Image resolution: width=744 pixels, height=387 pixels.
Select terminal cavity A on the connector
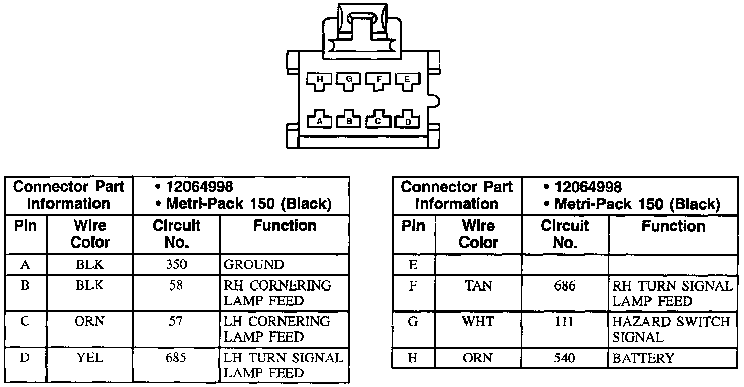319,120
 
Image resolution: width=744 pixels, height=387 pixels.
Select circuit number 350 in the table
176,265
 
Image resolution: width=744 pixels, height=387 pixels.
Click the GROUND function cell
254,265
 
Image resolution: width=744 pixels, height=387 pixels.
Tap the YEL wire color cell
90,358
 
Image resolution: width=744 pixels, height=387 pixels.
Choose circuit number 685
176,358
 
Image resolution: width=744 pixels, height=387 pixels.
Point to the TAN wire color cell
478,286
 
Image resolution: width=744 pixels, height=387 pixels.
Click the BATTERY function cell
643,358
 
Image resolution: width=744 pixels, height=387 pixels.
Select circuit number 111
565,322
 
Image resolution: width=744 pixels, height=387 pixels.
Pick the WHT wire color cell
478,322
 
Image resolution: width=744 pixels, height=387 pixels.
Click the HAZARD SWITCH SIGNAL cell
671,329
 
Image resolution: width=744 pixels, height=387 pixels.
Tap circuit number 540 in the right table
565,358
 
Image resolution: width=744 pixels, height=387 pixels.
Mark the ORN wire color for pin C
90,322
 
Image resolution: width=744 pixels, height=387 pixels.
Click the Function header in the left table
285,226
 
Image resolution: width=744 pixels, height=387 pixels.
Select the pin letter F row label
413,286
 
